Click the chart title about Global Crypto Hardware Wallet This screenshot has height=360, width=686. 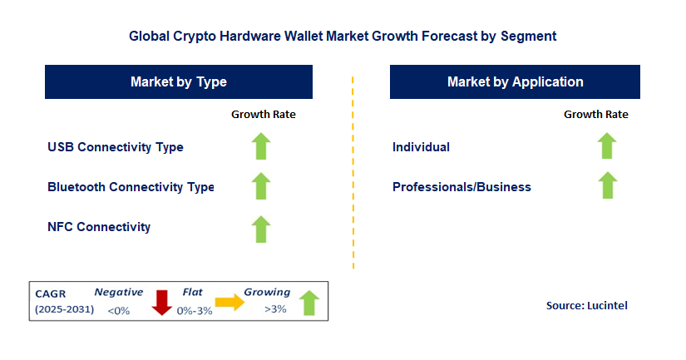click(343, 37)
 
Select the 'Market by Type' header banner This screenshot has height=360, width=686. click(179, 82)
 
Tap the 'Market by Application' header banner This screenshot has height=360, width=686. click(515, 82)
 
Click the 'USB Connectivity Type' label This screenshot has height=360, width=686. click(116, 147)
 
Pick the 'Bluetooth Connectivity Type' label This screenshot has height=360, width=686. click(131, 187)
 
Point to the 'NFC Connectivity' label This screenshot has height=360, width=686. click(99, 227)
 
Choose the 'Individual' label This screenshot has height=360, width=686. click(421, 147)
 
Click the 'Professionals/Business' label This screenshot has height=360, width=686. click(461, 187)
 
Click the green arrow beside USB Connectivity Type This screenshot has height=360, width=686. click(262, 146)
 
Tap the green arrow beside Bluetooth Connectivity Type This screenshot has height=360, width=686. click(262, 186)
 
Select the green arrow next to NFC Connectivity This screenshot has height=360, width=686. click(262, 228)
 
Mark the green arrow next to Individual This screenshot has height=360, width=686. click(607, 146)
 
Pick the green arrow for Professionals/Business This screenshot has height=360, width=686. click(607, 185)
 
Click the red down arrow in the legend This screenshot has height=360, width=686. click(161, 303)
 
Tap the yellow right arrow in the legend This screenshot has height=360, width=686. click(229, 303)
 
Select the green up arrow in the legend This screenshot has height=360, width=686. click(308, 303)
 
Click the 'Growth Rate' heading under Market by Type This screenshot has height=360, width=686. click(263, 115)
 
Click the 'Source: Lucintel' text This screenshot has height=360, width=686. click(586, 306)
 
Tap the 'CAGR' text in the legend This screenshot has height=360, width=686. click(51, 293)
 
